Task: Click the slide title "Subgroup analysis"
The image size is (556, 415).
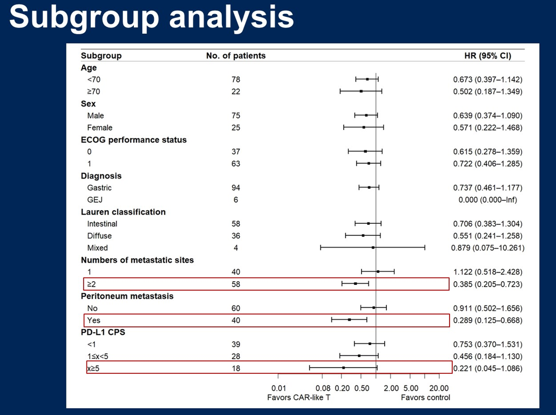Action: (x=151, y=17)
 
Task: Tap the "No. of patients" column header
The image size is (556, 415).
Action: (x=236, y=55)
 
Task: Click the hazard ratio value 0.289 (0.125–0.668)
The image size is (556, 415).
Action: (x=487, y=320)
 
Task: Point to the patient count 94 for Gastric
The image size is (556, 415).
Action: (x=236, y=187)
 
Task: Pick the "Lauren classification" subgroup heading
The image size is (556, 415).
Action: (x=123, y=212)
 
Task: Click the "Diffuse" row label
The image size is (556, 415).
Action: (x=100, y=236)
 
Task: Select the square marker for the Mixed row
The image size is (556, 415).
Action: (x=373, y=248)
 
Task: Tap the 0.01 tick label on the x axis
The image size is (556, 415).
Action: (x=278, y=388)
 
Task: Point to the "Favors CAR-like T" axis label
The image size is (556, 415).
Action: (x=299, y=397)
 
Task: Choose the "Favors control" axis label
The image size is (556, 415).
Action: (x=425, y=397)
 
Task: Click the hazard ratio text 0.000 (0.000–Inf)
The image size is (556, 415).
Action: (x=487, y=200)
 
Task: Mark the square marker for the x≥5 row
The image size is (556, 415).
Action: (x=344, y=368)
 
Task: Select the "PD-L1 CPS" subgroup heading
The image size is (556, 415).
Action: (x=103, y=332)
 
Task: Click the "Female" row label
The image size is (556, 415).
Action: (x=100, y=127)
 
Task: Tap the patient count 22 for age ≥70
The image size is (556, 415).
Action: (x=236, y=92)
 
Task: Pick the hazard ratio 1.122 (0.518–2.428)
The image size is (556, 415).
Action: (x=487, y=272)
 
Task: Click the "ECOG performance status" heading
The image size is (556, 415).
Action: (x=133, y=140)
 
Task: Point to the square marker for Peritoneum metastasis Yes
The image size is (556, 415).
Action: (x=349, y=320)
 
